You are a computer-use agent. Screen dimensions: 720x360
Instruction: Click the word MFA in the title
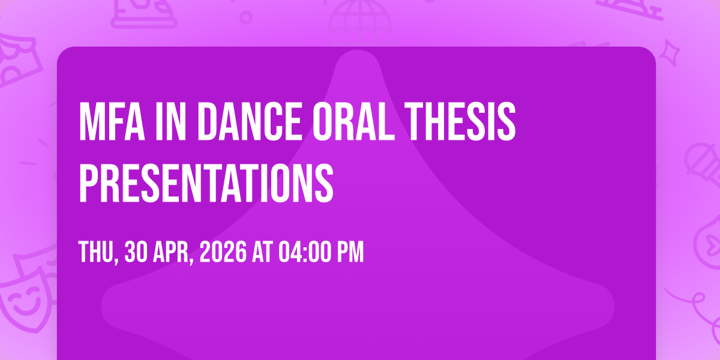coord(112,121)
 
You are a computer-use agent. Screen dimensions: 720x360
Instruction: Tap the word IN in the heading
coord(170,121)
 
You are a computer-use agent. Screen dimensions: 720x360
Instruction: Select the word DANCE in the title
coord(249,121)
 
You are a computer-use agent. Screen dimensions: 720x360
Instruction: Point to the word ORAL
coord(353,121)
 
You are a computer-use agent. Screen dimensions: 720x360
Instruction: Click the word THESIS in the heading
coord(460,121)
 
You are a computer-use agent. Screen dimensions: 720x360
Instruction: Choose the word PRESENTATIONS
coord(206,183)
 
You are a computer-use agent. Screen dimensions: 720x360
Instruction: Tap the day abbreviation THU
coord(98,253)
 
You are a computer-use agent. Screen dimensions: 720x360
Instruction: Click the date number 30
coord(136,252)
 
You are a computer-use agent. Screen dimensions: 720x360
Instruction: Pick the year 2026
coord(223,252)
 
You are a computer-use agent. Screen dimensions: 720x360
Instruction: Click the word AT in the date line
coord(263,252)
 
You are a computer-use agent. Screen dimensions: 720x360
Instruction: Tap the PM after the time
coord(350,252)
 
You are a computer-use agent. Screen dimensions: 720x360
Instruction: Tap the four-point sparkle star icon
coord(670,53)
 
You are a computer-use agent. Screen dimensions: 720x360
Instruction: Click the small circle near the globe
coord(246,17)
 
